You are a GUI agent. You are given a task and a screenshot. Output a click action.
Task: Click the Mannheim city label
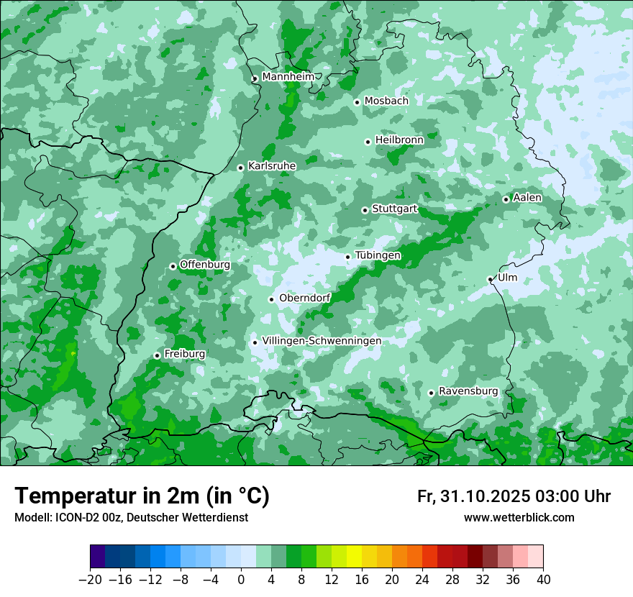[x=288, y=76]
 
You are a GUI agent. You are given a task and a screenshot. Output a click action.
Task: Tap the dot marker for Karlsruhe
[x=241, y=168]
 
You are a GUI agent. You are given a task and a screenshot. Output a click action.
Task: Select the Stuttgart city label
[x=394, y=209]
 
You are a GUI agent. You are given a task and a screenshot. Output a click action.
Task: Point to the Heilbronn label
[x=399, y=140]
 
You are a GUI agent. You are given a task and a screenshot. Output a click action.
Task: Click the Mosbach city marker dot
[x=357, y=102]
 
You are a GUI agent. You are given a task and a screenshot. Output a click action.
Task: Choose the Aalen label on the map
[x=527, y=198]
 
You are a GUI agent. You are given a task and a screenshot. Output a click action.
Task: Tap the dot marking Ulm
[x=490, y=279]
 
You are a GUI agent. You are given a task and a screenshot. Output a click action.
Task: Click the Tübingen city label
[x=378, y=255]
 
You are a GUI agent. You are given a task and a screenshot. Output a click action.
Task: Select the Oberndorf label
[x=304, y=298]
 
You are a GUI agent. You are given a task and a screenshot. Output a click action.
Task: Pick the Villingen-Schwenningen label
[x=322, y=341]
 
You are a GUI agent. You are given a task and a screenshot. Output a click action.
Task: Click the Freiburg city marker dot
[x=157, y=355]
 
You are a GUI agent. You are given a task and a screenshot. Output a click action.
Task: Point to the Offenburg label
[x=205, y=265]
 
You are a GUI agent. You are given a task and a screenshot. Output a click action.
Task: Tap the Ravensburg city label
[x=468, y=391]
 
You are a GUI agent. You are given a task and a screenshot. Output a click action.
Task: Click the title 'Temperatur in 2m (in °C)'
[x=142, y=496]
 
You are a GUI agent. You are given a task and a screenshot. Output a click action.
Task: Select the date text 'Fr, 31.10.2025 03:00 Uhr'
[x=514, y=496]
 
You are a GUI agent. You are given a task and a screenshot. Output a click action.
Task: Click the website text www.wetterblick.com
[x=519, y=517]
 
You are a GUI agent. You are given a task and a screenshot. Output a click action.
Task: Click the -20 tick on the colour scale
[x=90, y=580]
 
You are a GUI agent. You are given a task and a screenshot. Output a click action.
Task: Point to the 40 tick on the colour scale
[x=543, y=580]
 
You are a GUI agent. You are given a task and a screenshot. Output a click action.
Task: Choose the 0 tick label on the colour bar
[x=241, y=580]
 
